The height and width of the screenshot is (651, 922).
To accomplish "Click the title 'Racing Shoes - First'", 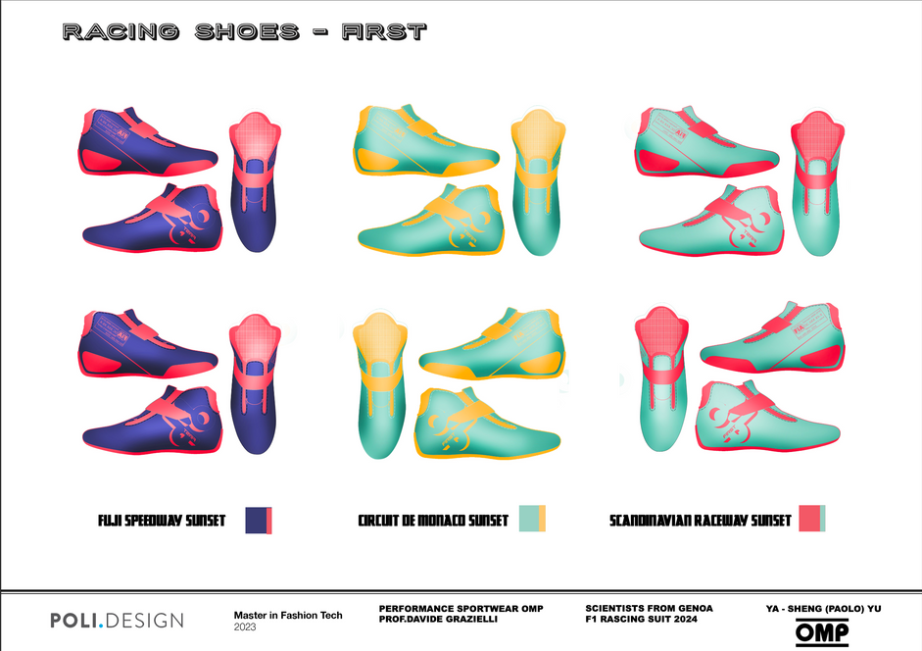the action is click(245, 32).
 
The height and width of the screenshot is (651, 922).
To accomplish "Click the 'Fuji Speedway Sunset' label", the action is click(162, 520).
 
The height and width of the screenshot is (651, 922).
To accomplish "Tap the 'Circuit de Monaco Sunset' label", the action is click(433, 520).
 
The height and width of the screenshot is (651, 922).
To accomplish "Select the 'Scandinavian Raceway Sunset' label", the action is click(700, 520).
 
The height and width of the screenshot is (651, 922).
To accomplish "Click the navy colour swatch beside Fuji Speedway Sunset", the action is click(256, 520).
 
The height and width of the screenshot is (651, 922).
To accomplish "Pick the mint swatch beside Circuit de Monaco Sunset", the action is click(527, 519).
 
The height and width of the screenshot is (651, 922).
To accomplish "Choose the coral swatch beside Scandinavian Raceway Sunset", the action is click(808, 519).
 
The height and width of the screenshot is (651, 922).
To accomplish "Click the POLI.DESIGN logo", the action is click(117, 620).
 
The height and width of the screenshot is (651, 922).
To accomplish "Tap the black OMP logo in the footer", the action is click(822, 633).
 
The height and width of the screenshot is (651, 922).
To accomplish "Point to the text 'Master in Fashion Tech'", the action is click(288, 616).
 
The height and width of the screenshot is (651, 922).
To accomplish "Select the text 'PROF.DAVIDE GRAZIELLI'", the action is click(440, 622).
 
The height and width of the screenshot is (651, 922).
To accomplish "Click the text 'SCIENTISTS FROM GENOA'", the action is click(649, 609).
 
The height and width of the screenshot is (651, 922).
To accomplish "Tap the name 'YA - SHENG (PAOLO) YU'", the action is click(823, 609).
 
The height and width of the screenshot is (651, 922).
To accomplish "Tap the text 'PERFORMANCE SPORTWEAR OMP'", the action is click(461, 609).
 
